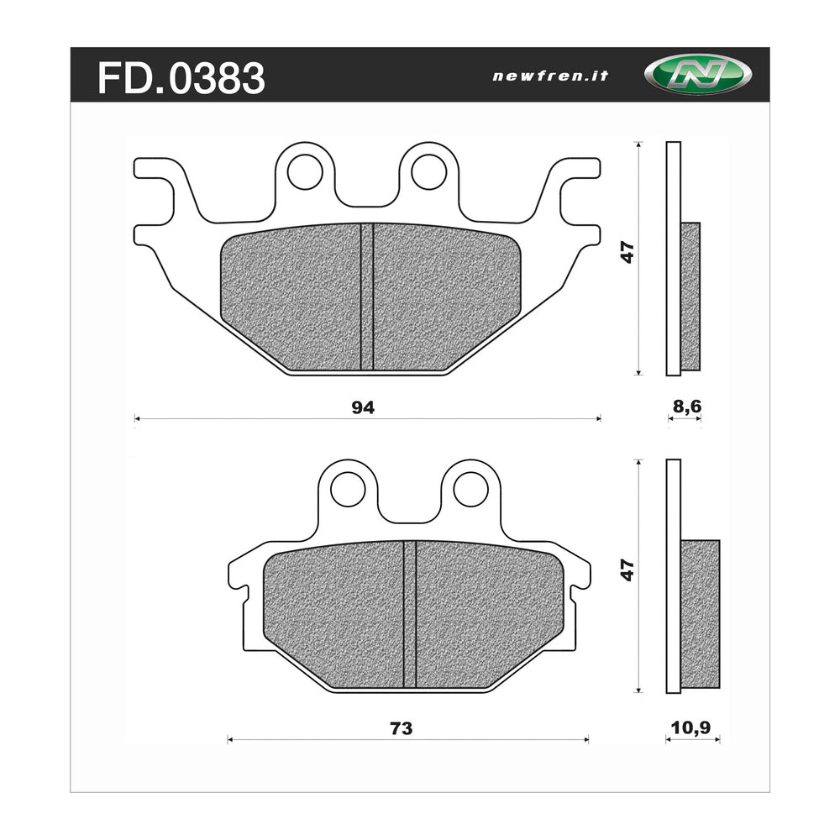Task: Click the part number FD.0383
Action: (x=181, y=78)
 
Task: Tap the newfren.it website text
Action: (x=549, y=76)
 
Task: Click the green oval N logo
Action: (x=686, y=75)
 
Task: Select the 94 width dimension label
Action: (x=363, y=407)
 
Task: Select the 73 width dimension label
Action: (x=402, y=728)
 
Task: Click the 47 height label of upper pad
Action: (x=627, y=252)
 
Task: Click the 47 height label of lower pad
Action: (x=627, y=571)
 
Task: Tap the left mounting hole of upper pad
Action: (x=304, y=172)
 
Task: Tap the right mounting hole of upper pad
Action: (x=428, y=172)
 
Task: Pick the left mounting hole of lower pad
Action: (x=348, y=490)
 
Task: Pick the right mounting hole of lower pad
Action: (x=471, y=490)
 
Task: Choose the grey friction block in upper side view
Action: (x=690, y=295)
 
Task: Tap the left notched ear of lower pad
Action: (x=239, y=580)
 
